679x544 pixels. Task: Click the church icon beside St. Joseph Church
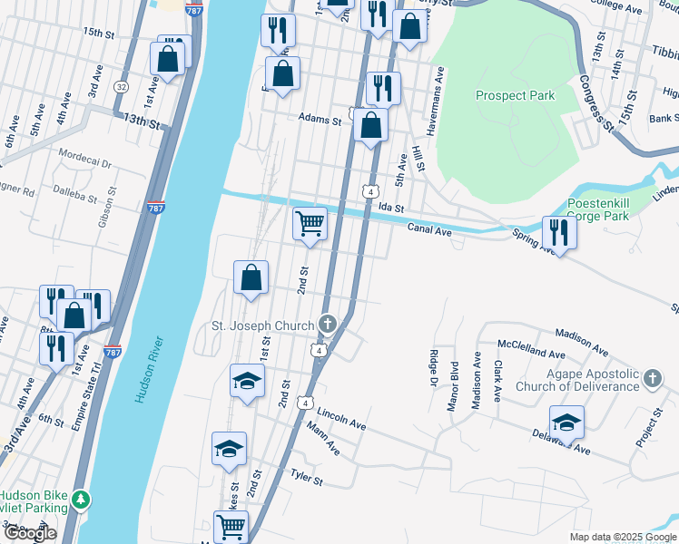click(x=328, y=325)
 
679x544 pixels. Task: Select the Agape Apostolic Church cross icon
click(x=653, y=378)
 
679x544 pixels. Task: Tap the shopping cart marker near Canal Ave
click(x=310, y=224)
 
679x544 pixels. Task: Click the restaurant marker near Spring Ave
click(x=558, y=234)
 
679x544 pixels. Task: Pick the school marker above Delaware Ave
click(x=566, y=422)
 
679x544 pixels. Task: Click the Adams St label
click(x=320, y=119)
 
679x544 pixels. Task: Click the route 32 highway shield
click(x=121, y=86)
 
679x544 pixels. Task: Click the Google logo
click(x=30, y=533)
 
